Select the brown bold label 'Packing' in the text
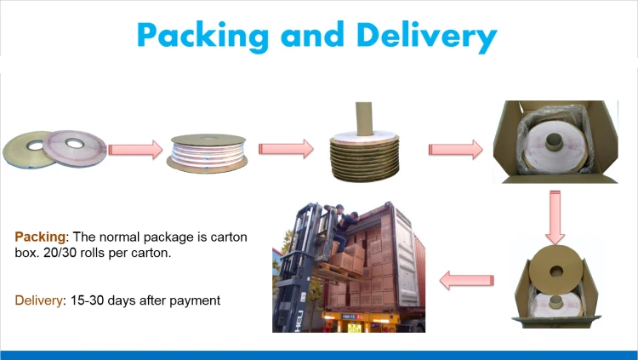(x=39, y=236)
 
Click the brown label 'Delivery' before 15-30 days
(x=41, y=300)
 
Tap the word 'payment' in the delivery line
(x=196, y=300)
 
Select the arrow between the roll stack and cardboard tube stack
(x=283, y=149)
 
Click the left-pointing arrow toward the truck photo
(x=466, y=277)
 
